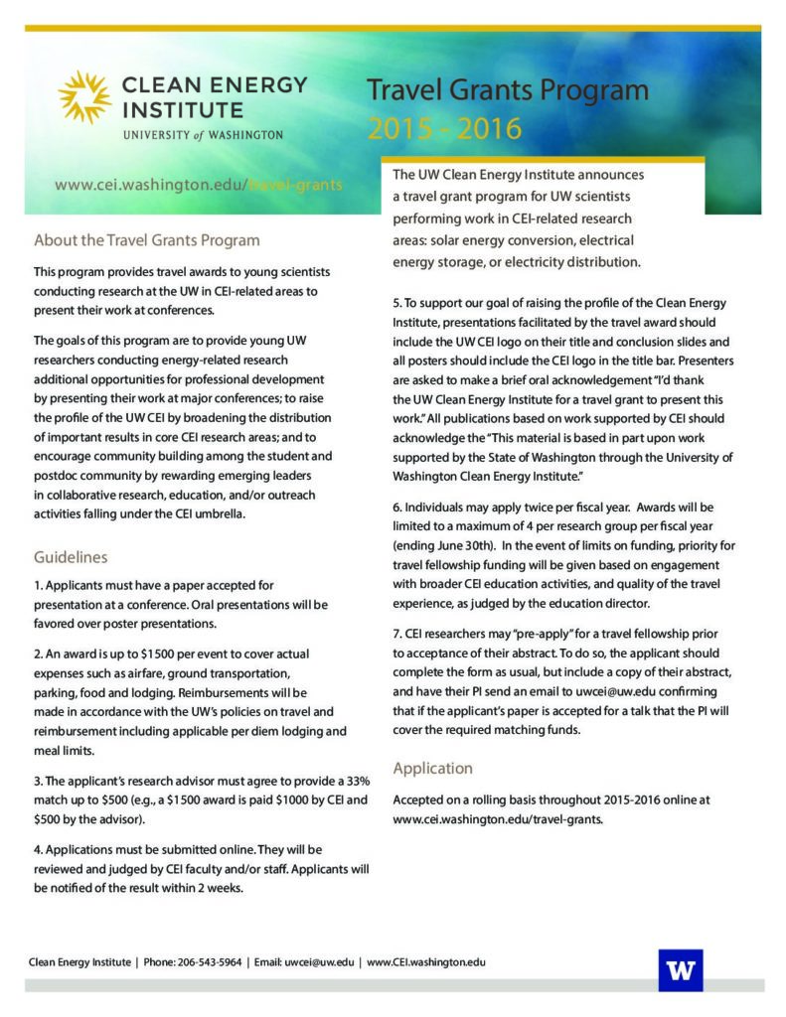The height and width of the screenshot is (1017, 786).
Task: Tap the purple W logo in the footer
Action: [680, 970]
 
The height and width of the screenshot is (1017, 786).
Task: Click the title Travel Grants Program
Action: [508, 92]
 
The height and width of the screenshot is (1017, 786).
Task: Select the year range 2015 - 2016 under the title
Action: [444, 129]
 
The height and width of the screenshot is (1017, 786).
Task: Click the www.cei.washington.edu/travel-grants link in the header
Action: [199, 185]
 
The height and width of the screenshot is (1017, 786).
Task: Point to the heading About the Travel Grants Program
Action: [147, 240]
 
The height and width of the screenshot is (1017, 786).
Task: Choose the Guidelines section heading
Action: [71, 557]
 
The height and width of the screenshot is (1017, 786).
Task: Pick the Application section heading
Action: [433, 768]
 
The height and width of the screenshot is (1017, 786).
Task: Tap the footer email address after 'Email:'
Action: [319, 962]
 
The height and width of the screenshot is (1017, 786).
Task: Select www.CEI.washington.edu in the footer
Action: [426, 962]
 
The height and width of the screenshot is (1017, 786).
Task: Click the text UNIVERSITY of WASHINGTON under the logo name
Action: [203, 134]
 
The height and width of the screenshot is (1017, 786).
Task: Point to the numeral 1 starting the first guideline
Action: [37, 586]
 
